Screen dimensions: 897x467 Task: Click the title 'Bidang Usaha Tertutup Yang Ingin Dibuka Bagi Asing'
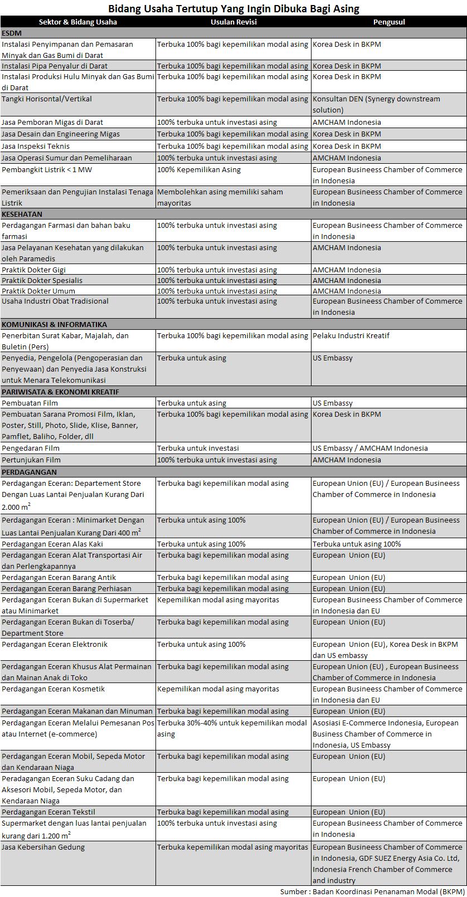(x=233, y=8)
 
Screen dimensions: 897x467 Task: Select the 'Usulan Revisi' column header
(x=233, y=22)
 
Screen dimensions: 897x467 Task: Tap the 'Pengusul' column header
(x=389, y=22)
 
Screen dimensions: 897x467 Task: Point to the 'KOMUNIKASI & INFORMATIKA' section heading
(x=54, y=324)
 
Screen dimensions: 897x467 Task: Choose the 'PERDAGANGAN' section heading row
(x=25, y=472)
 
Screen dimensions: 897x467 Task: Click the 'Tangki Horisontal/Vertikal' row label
(x=47, y=99)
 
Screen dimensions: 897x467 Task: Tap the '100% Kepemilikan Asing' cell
(x=199, y=170)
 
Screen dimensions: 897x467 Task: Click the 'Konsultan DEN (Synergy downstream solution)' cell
(x=377, y=105)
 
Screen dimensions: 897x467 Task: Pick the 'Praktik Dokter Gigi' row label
(x=34, y=270)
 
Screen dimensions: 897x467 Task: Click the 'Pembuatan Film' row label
(x=30, y=403)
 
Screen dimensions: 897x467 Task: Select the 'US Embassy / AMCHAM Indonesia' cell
(x=370, y=448)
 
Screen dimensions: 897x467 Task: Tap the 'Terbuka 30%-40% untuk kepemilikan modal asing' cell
(x=232, y=728)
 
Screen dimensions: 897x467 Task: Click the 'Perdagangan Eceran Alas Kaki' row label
(x=52, y=544)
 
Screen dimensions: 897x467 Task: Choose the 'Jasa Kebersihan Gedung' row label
(x=43, y=847)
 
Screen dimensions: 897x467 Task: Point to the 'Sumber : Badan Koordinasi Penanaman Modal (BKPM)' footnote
(x=372, y=891)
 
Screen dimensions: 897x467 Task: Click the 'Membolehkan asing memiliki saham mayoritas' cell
(x=220, y=197)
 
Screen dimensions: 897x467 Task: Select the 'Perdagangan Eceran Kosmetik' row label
(x=53, y=689)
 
